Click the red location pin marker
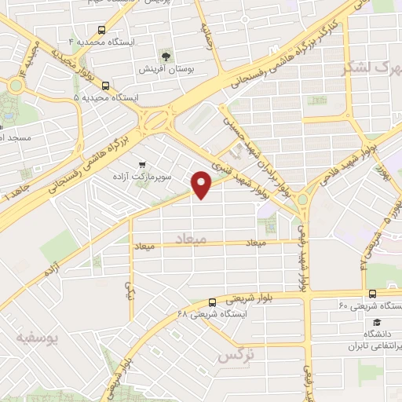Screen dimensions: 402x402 [202, 184]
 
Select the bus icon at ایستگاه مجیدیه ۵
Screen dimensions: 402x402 [105, 86]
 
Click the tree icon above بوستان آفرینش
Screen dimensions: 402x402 [165, 55]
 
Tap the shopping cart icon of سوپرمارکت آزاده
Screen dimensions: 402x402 [141, 164]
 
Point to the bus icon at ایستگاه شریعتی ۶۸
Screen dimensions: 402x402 [212, 301]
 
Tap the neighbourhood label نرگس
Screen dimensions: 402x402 [236, 355]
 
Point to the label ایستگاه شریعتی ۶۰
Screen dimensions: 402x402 [369, 305]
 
